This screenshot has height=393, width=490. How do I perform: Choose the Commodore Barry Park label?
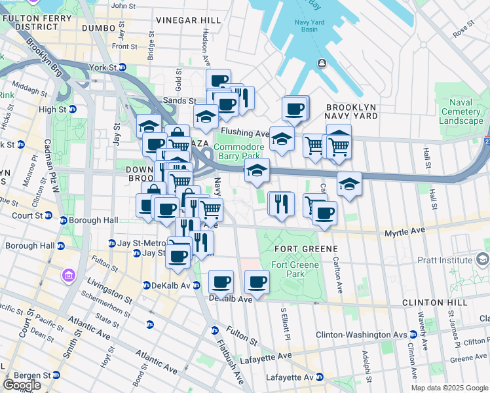coord(239,152)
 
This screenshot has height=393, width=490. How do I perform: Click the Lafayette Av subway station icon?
coord(319,377)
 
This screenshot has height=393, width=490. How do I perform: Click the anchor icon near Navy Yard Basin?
coord(322,64)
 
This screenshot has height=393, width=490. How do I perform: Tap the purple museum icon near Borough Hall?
coord(68,275)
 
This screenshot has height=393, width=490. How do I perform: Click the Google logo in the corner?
coord(22,385)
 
